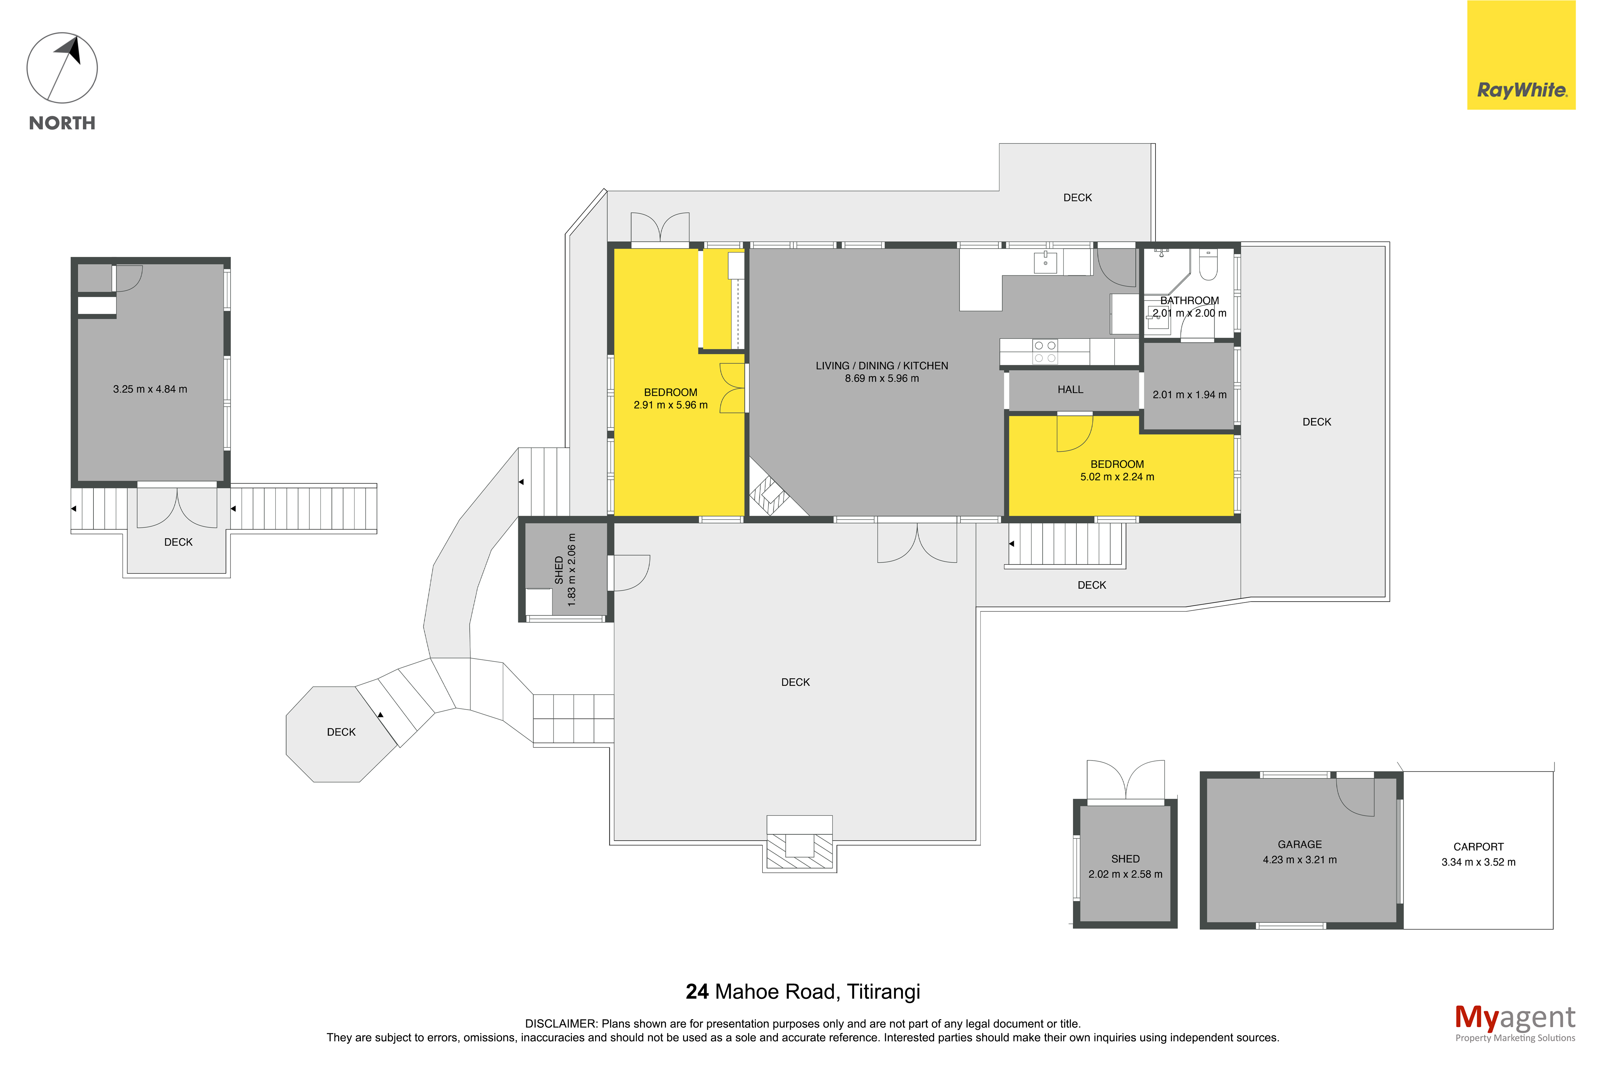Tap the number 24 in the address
tap(697, 991)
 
